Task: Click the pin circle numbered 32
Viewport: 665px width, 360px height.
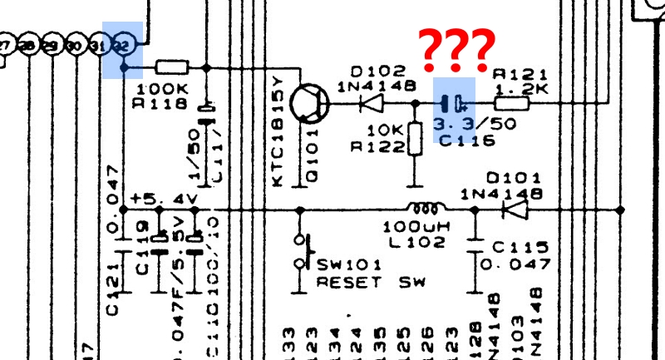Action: [122, 44]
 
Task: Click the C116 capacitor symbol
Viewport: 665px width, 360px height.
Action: [454, 104]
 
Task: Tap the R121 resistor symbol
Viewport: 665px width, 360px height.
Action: [512, 104]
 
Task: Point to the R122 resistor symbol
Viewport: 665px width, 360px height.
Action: [412, 141]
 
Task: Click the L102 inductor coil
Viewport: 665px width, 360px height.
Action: [422, 209]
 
